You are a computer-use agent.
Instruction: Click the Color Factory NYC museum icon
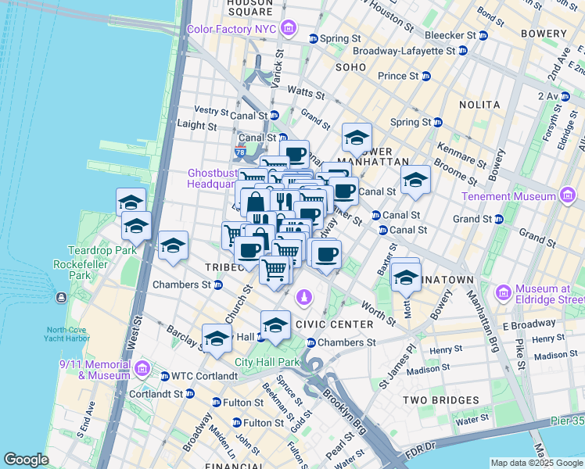coord(289,30)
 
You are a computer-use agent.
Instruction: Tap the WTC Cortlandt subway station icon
coord(165,376)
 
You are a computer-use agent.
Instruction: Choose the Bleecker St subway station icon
coord(483,36)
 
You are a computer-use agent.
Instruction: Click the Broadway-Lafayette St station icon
coord(462,51)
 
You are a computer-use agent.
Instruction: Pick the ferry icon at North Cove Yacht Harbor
coord(61,298)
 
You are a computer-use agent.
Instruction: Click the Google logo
coord(26,460)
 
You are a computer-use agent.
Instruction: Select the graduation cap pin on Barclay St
coord(217,338)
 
